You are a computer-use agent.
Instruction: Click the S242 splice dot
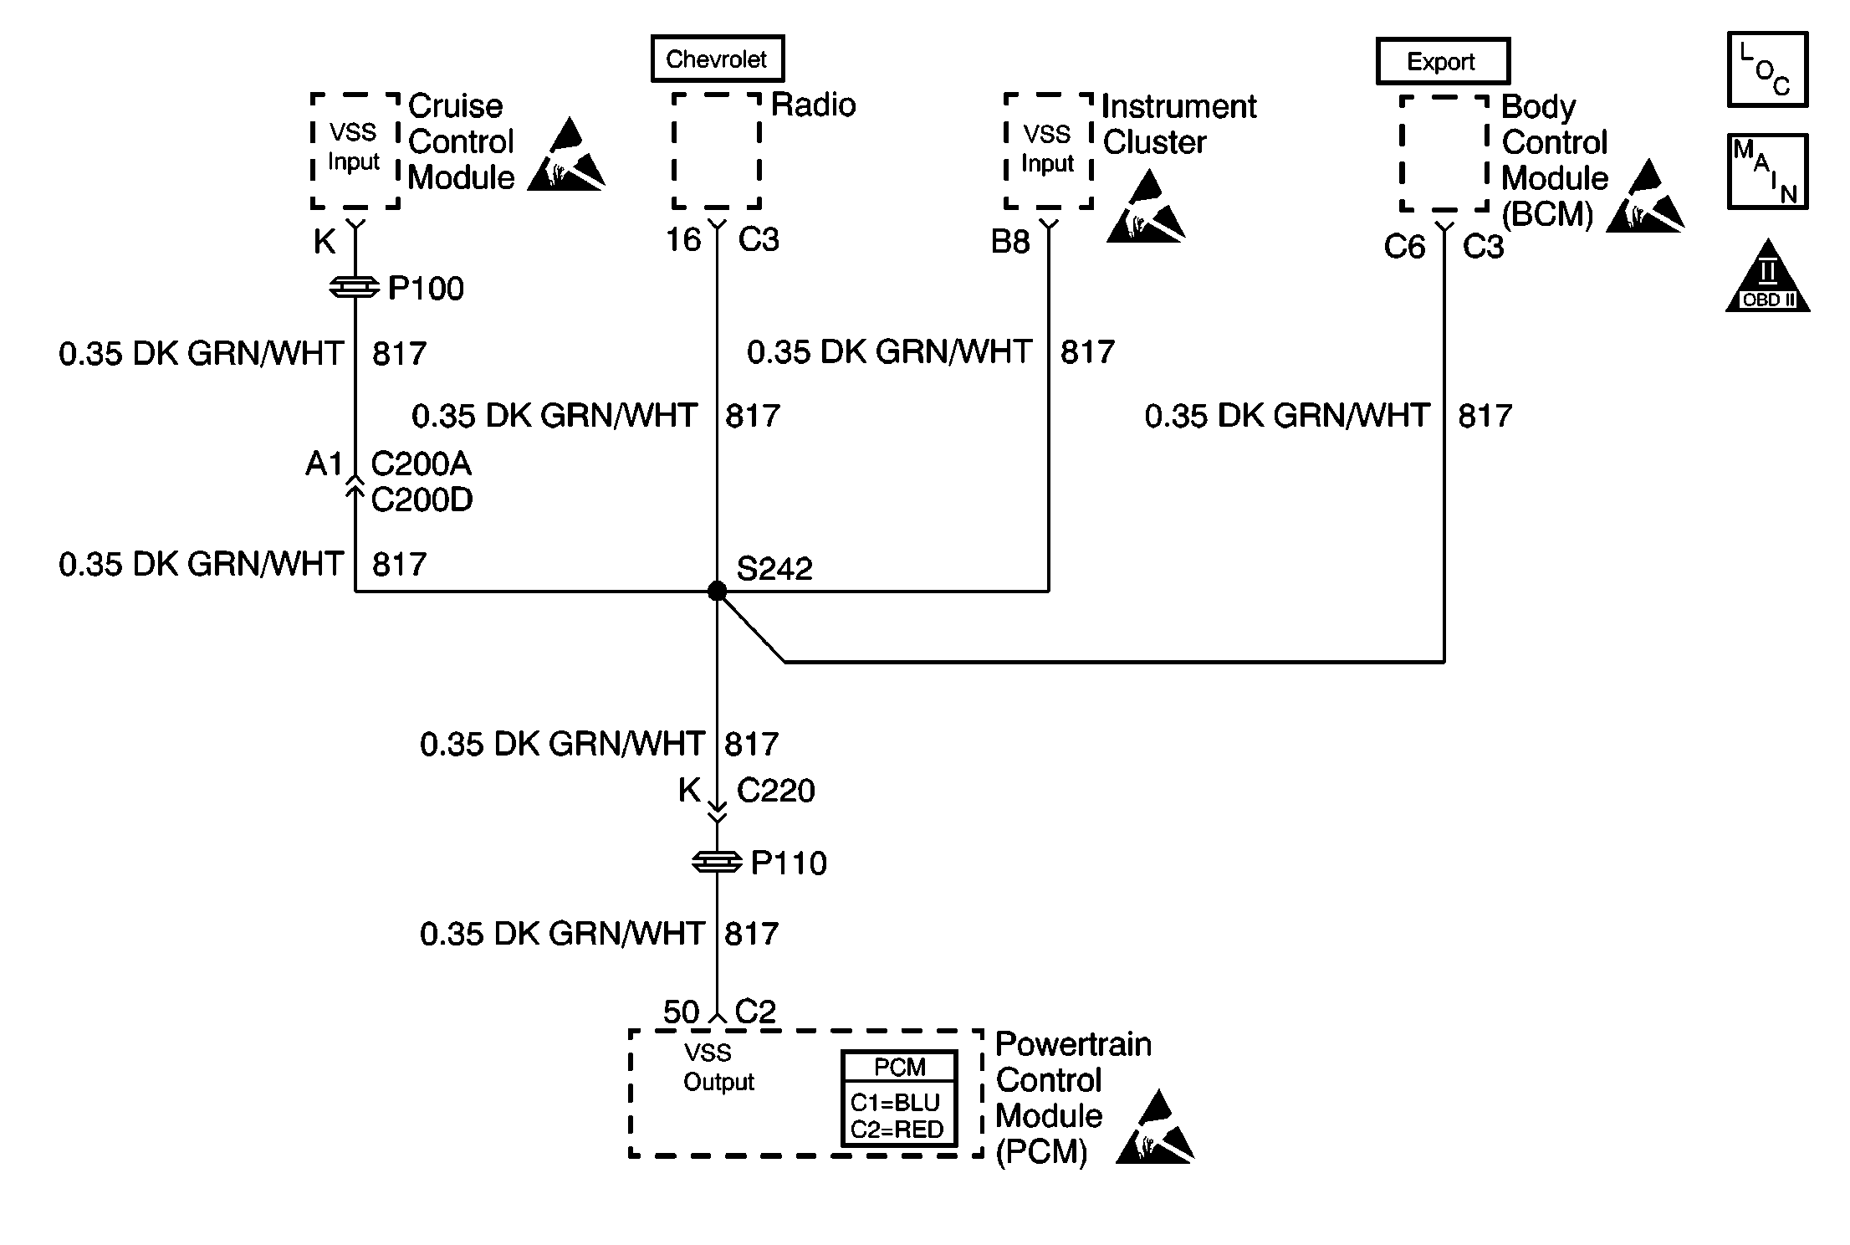[x=717, y=591]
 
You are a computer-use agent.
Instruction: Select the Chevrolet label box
[x=718, y=59]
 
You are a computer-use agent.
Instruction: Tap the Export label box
[x=1443, y=61]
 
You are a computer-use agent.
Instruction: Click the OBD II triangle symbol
[x=1767, y=276]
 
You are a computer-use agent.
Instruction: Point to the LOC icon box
[x=1767, y=69]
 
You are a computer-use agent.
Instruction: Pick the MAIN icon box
[x=1767, y=172]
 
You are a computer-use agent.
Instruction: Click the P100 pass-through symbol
[x=355, y=288]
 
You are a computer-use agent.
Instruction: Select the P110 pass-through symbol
[x=717, y=862]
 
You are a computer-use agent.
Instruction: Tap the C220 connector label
[x=775, y=790]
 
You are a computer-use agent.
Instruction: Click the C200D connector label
[x=422, y=500]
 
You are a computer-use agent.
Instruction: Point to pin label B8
[x=1010, y=242]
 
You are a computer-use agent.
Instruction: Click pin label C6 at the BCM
[x=1404, y=246]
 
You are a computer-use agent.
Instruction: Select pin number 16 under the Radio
[x=682, y=239]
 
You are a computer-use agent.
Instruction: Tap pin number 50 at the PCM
[x=681, y=1012]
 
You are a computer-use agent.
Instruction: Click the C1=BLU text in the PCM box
[x=895, y=1102]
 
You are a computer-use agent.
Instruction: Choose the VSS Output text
[x=718, y=1067]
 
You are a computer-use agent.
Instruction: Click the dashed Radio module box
[x=717, y=151]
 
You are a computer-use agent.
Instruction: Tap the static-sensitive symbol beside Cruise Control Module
[x=566, y=155]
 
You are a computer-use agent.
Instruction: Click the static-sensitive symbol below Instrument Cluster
[x=1146, y=207]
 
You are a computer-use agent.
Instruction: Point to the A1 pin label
[x=325, y=463]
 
